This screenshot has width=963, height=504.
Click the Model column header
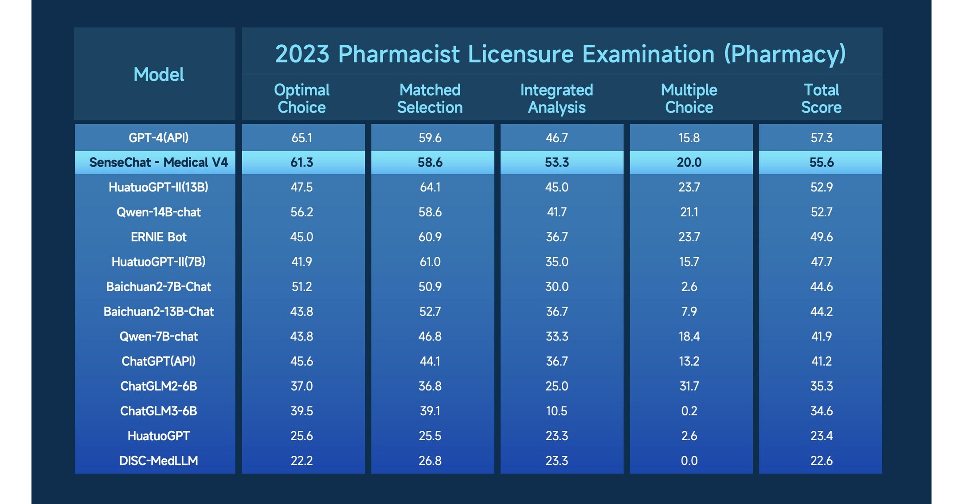159,74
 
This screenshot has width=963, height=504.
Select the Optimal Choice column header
301,98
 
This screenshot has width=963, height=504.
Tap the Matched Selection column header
430,98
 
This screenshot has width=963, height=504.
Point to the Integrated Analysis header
556,98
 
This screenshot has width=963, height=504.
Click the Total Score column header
821,98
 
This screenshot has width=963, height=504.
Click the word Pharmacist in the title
399,54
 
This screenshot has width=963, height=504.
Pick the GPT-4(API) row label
159,138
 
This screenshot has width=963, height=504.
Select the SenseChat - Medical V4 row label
159,162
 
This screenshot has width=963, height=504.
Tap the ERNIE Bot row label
159,237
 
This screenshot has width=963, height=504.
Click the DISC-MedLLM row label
159,461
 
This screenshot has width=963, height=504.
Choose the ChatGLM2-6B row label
159,386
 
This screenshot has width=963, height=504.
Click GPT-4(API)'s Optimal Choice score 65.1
301,138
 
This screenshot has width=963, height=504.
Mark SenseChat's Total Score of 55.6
821,162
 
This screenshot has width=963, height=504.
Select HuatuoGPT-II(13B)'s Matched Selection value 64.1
430,187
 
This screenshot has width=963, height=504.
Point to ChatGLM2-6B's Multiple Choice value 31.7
689,386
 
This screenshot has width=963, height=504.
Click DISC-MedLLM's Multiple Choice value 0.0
689,461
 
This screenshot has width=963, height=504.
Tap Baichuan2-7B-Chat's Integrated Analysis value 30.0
556,287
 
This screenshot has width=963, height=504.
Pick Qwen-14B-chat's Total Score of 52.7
821,212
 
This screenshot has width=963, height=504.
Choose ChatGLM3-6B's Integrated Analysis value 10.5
556,411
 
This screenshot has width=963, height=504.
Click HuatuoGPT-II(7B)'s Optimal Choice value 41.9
301,262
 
